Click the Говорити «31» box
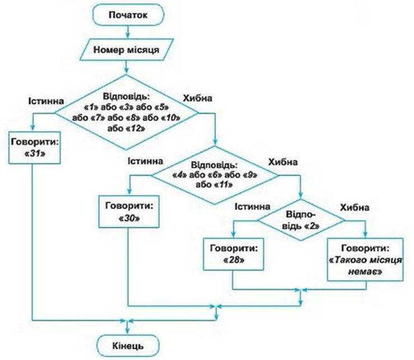coord(34,147)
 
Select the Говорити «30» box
coord(129,211)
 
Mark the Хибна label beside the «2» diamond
coord(354,207)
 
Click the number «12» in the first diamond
coord(137,128)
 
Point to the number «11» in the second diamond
coord(226,185)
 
